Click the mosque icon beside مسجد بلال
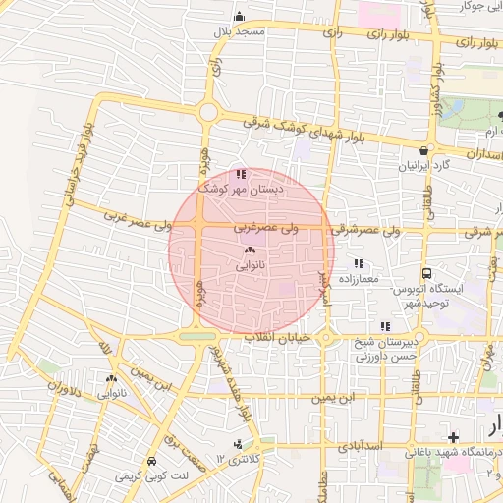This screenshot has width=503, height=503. (239, 17)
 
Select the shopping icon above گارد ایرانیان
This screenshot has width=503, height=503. (423, 151)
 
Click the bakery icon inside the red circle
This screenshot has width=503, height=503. (248, 251)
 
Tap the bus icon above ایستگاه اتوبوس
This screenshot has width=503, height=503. (427, 273)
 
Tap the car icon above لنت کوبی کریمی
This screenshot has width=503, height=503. (151, 461)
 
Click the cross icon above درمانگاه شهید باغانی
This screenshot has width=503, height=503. (452, 436)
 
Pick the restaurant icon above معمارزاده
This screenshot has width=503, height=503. (359, 263)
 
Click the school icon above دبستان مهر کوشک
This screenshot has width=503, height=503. (242, 173)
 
